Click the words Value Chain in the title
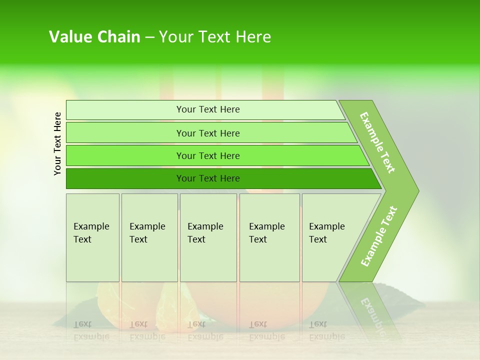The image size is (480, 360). click(94, 37)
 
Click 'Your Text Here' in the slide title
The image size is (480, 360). click(215, 37)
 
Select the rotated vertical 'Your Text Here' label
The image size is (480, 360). click(57, 143)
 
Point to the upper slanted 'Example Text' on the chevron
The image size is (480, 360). click(377, 142)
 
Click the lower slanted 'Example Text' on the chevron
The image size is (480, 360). click(379, 236)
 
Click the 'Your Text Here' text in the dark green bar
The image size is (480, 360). click(208, 178)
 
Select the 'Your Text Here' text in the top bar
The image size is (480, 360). click(208, 109)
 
